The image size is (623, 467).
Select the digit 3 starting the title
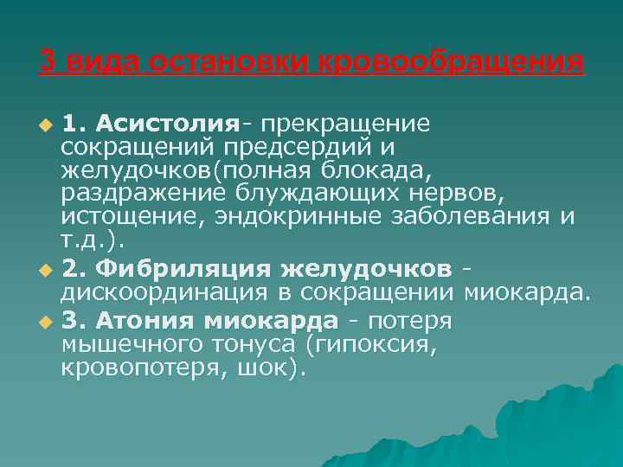point(48,63)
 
